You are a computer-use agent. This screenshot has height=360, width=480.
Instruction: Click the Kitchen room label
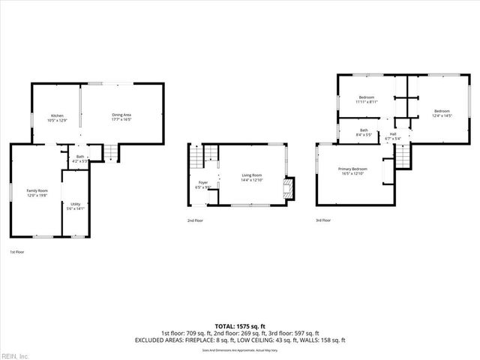(x=57, y=118)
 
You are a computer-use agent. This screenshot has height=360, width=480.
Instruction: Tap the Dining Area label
(x=121, y=117)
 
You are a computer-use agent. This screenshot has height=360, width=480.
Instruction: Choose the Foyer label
(x=203, y=184)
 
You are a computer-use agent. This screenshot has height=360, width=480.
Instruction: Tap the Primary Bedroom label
(x=352, y=171)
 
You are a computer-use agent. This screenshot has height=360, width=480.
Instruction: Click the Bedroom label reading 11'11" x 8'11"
(x=367, y=100)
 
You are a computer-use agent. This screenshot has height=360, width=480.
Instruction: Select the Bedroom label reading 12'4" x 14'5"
(x=442, y=113)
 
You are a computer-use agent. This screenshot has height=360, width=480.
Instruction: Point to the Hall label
(x=393, y=136)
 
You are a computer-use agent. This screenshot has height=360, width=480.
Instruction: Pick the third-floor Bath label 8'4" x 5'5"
(x=364, y=133)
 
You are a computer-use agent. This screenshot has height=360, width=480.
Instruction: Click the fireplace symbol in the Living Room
(x=289, y=189)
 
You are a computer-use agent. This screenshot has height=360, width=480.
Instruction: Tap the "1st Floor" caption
(x=16, y=252)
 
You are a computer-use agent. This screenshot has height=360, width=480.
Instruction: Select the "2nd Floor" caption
(x=195, y=220)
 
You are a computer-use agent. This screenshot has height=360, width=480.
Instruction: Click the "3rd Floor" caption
(x=323, y=220)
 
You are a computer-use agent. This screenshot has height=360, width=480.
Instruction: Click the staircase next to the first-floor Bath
(x=109, y=154)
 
